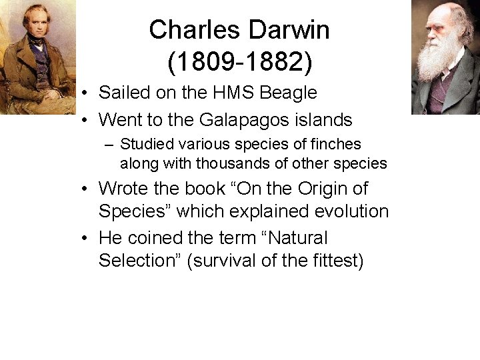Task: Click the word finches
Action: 337,144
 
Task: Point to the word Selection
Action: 139,261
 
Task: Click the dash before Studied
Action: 109,145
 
